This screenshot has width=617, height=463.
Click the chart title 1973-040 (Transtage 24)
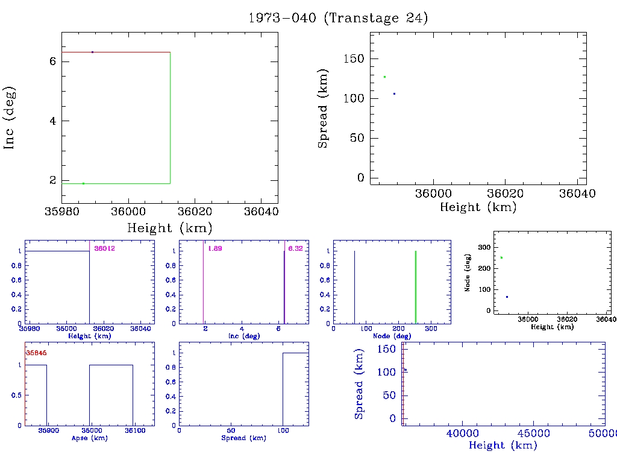coord(338,18)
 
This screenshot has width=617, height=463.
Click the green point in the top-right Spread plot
coord(384,77)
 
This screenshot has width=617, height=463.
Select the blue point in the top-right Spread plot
coord(394,93)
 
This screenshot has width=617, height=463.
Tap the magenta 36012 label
coord(104,248)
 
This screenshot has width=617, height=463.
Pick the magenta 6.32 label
coord(295,248)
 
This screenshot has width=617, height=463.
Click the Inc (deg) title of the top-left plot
coord(10,118)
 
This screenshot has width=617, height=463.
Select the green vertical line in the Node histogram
coord(416,286)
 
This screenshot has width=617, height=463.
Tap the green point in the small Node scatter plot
coord(501,257)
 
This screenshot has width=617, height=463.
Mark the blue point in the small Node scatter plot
coord(507,297)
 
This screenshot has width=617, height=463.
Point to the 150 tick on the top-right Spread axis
coord(354,58)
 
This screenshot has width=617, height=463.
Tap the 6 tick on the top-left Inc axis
coord(52,61)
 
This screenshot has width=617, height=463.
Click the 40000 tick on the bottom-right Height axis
coord(462,433)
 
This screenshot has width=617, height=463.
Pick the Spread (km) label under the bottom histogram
coord(242,438)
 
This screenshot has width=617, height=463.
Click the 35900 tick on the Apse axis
coord(48,431)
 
